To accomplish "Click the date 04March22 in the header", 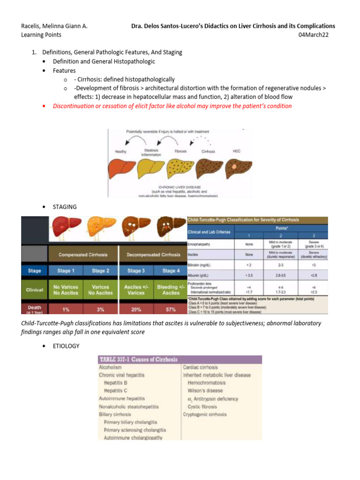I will [x=320, y=35].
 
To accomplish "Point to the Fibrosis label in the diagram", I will [x=180, y=151].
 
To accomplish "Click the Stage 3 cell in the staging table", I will [x=135, y=270].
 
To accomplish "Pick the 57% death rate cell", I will [x=171, y=310].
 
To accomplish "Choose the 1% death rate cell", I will [x=65, y=310].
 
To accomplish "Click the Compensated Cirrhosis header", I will [x=83, y=255].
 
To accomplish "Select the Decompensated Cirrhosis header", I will [x=153, y=255].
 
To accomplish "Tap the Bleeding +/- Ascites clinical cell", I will [x=171, y=290].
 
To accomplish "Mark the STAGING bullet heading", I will [x=65, y=207].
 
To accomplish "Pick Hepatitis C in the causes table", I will [x=116, y=390].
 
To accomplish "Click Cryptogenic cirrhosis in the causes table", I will [x=205, y=414].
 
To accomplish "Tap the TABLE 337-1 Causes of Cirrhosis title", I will [x=138, y=360].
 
